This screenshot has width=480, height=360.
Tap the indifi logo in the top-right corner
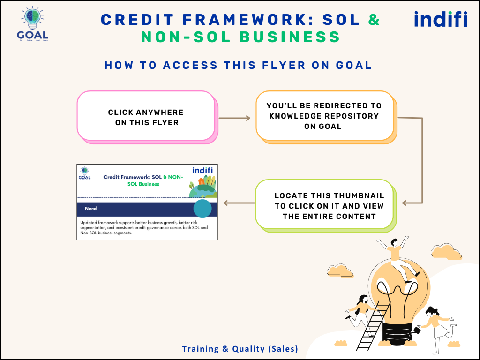440,19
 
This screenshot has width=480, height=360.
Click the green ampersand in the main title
374,19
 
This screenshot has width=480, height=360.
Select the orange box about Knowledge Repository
324,116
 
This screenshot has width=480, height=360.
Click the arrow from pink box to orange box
235,118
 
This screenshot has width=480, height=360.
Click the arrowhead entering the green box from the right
406,203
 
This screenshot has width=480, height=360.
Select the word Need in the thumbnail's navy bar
91,208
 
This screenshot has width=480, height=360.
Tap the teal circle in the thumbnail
202,208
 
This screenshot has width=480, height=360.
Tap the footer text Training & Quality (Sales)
240,349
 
